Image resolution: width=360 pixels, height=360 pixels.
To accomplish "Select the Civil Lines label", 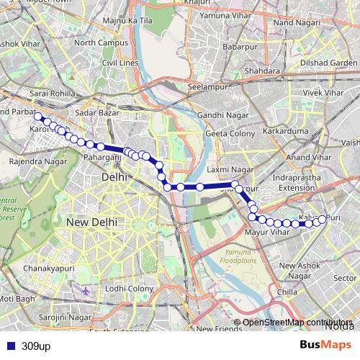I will (119, 63).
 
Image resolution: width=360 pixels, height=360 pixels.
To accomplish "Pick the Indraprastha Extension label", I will (303, 182).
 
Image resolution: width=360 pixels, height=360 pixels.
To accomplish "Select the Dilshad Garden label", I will (330, 63).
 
